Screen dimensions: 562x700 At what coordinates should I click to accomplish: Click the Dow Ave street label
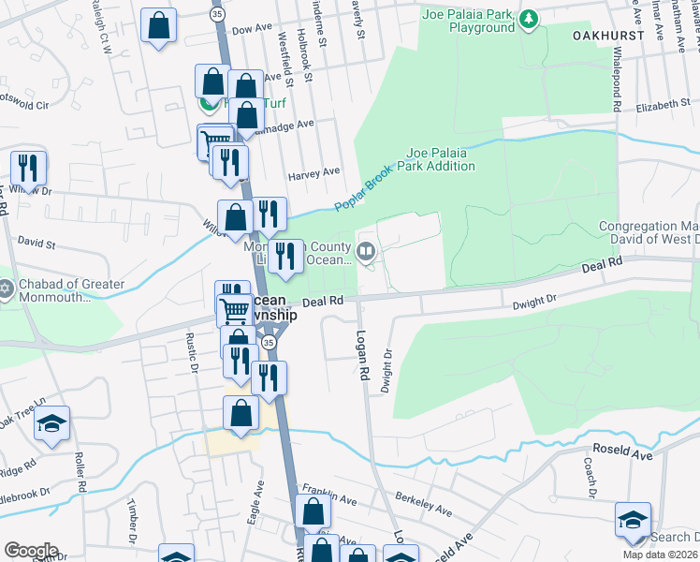pos(249,31)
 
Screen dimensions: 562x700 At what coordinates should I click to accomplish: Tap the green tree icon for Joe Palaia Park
pos(530,19)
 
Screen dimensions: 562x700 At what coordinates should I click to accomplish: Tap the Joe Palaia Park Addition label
pos(441,159)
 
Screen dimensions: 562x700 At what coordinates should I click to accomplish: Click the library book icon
pos(366,250)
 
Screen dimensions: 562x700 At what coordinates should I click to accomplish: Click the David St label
pos(37,244)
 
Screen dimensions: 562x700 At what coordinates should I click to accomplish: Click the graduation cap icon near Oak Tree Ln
pos(52,423)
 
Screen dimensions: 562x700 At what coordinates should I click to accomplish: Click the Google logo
pos(31,551)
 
